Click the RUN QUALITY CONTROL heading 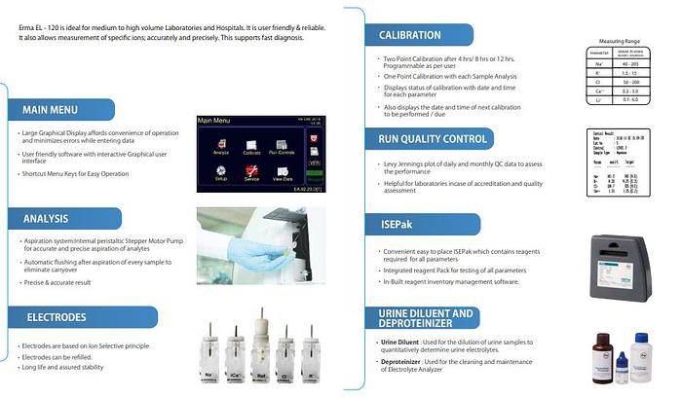click(429, 139)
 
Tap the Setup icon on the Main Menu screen click(221, 169)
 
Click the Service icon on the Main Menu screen click(251, 169)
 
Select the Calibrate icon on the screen click(251, 141)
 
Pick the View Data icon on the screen click(282, 169)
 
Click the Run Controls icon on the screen click(282, 141)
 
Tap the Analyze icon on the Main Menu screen click(221, 141)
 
